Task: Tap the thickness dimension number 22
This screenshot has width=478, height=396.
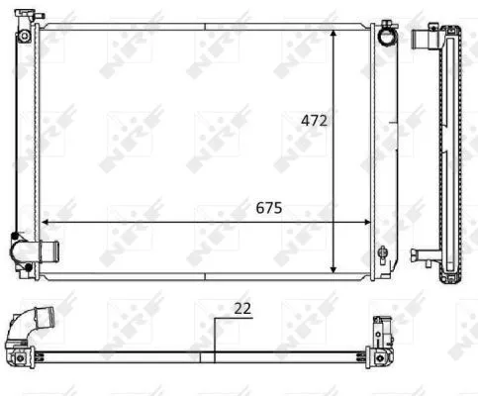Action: click(x=242, y=307)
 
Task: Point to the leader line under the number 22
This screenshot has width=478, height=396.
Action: click(x=215, y=337)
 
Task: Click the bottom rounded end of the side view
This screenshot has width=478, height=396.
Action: click(x=451, y=276)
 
